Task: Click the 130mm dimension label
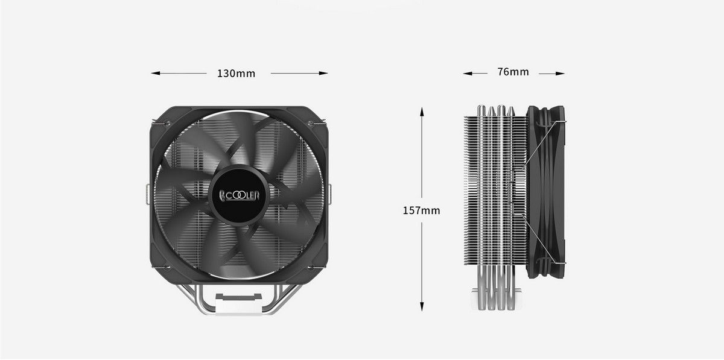pyautogui.click(x=236, y=74)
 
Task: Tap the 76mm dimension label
pyautogui.click(x=513, y=72)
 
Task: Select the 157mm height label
pyautogui.click(x=421, y=210)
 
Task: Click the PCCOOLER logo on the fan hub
pyautogui.click(x=239, y=195)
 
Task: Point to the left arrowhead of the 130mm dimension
pyautogui.click(x=156, y=74)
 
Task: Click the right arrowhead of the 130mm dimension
pyautogui.click(x=323, y=74)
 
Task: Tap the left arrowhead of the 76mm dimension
pyautogui.click(x=468, y=74)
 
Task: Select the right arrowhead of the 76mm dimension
pyautogui.click(x=560, y=74)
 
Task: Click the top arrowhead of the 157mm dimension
pyautogui.click(x=422, y=112)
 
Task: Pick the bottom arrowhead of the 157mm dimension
pyautogui.click(x=422, y=306)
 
